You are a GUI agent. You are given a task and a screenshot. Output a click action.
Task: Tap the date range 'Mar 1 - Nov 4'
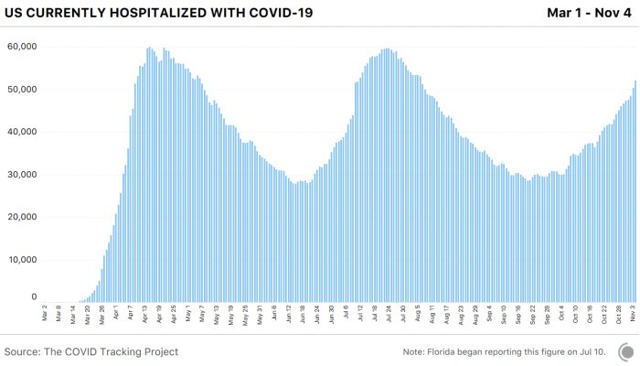point(588,13)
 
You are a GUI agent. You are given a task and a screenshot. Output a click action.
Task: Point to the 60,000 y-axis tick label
point(20,47)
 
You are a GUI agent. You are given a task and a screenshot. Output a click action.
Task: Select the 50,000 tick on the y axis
point(20,90)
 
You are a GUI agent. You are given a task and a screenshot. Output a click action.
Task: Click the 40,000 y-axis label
point(20,132)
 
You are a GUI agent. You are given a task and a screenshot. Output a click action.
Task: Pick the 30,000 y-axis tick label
point(20,175)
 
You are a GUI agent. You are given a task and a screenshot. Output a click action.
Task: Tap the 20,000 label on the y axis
point(20,218)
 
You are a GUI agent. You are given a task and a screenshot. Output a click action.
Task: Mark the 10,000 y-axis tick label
point(20,260)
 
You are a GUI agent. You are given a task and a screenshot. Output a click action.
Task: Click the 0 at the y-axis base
point(33,297)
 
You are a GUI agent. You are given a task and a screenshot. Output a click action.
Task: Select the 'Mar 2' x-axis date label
point(45,314)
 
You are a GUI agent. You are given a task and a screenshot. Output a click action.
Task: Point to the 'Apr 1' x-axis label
point(116,314)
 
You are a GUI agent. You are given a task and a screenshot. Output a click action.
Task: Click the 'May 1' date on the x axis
point(187,314)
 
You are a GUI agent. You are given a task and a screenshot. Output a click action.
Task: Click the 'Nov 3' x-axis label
point(632,314)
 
